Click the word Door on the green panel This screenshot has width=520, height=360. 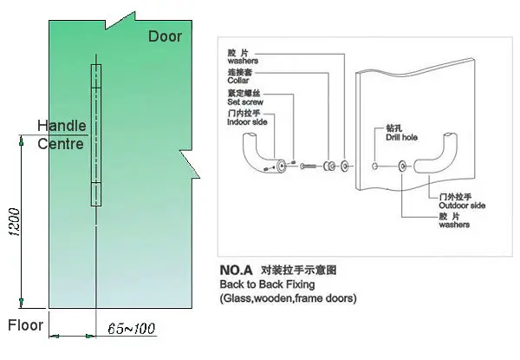165,36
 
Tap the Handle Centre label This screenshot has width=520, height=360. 62,134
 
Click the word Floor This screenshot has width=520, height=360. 26,326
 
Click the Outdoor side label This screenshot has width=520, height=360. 462,206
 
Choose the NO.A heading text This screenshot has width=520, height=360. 237,271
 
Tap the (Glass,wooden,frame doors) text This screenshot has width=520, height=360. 288,298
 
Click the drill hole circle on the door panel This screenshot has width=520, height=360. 374,165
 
